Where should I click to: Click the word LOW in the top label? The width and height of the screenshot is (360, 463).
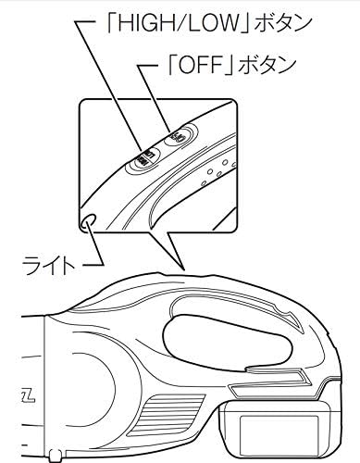(x=191, y=20)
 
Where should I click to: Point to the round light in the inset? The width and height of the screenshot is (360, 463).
(x=89, y=220)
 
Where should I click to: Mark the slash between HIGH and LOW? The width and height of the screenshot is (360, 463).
(x=167, y=20)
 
